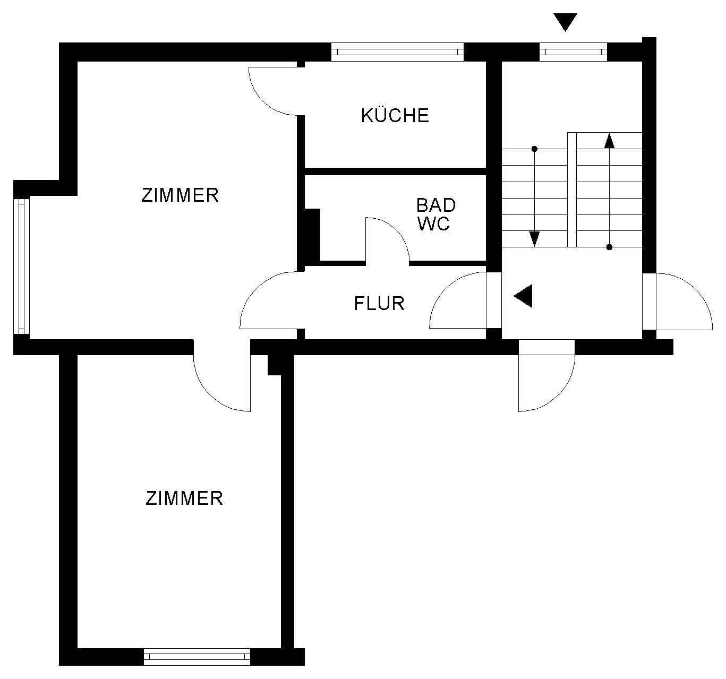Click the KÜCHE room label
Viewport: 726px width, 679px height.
(395, 115)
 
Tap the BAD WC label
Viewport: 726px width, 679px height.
(435, 214)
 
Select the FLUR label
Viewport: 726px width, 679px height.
(379, 303)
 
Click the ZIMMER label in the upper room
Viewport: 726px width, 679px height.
(180, 195)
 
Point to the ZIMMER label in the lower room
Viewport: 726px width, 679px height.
(184, 498)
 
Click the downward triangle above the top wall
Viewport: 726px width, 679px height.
(565, 22)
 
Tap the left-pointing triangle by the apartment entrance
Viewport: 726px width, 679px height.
(524, 296)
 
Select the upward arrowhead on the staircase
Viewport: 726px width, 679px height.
(609, 141)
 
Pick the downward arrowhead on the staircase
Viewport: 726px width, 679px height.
(534, 239)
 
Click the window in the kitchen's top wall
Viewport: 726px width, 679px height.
(397, 51)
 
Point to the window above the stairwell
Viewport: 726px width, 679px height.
(573, 51)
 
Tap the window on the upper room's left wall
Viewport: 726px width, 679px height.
(21, 267)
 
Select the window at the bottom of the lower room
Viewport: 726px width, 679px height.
(197, 657)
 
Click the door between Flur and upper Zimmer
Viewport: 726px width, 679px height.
(268, 300)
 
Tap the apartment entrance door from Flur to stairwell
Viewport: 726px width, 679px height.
(458, 300)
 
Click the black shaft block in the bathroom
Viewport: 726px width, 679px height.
(311, 235)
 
